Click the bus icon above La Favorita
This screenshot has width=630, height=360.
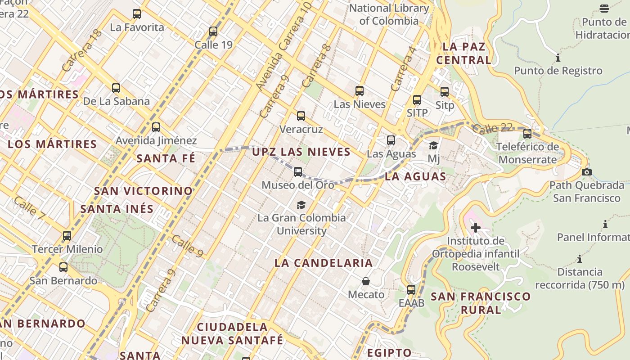(137, 14)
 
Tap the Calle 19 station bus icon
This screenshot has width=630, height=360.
(213, 31)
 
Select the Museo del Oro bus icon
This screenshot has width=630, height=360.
(298, 171)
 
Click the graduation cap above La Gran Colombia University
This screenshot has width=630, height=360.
(301, 205)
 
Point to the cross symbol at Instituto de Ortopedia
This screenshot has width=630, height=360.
(475, 228)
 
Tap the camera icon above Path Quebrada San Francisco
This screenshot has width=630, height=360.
(586, 172)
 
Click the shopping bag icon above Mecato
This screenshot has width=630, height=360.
(366, 281)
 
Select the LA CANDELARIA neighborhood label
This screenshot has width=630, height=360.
(324, 263)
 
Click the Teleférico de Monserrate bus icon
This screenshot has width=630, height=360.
(527, 134)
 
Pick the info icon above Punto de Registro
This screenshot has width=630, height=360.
(558, 58)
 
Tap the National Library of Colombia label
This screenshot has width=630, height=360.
(389, 14)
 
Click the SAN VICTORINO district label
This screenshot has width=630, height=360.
(143, 191)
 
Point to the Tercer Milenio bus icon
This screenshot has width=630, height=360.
(67, 235)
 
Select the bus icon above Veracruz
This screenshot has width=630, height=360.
(301, 116)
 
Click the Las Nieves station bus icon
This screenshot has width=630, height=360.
(360, 91)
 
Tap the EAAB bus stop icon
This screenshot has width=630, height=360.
(411, 290)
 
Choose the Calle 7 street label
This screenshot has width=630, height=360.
(29, 209)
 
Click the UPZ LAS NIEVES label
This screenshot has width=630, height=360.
(301, 152)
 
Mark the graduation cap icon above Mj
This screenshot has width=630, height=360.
(433, 145)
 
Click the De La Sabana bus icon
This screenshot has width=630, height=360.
(116, 88)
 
